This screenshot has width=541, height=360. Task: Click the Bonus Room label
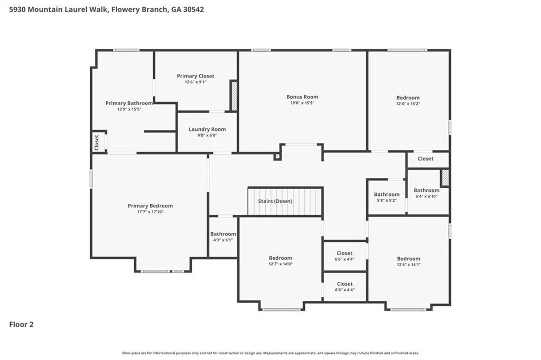coord(302,97)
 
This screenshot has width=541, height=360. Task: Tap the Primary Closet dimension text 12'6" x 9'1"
coord(195,82)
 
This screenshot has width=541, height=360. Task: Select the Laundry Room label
coord(207,129)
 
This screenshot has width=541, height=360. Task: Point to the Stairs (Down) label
coord(275,201)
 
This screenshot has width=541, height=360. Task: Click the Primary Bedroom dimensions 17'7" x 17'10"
coord(150,212)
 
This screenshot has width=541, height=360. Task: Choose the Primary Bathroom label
coord(129,103)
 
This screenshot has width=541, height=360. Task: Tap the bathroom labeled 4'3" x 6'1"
coord(223,236)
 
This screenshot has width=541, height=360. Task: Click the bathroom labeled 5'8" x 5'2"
coord(386,197)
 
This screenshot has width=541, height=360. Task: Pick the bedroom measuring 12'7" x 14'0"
coord(280,260)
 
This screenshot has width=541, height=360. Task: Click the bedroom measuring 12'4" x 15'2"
coord(408,100)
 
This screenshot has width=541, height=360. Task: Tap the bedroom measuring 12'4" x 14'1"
coord(408,261)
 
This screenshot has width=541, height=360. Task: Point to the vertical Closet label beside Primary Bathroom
coord(97,142)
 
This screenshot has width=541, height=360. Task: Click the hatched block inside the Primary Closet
coord(234,96)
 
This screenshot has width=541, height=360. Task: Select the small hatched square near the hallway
coord(277,157)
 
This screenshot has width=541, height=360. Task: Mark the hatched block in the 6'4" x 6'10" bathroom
coord(445,177)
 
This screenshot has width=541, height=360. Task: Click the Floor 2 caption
coord(21,325)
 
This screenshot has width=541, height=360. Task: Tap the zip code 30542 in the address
coord(193,10)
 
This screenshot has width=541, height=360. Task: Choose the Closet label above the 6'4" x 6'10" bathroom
coord(425,158)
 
